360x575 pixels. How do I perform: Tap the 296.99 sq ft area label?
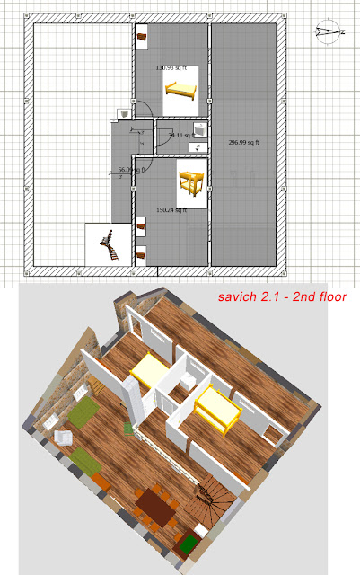click(x=243, y=143)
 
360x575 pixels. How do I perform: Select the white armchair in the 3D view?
click(x=65, y=438)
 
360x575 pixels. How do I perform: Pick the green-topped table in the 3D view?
click(x=189, y=544)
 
